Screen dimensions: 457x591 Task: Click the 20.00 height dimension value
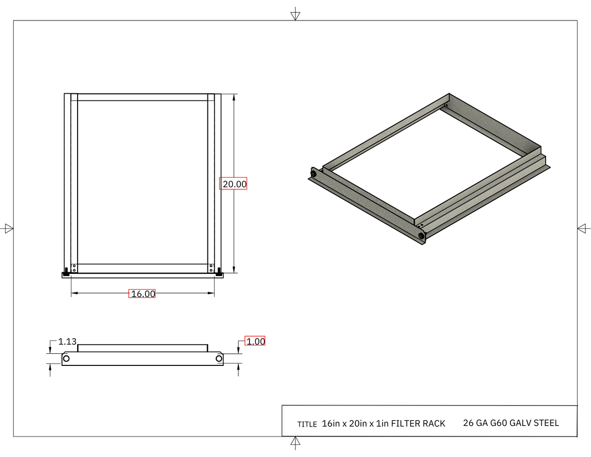(233, 184)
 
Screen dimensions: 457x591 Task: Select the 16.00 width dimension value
(142, 294)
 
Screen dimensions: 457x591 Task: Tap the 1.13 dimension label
(67, 342)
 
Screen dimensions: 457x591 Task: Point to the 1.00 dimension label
(256, 342)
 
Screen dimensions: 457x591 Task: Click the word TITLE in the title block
(307, 424)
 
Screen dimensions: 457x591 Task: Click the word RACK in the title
(434, 424)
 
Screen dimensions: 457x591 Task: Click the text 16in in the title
(331, 424)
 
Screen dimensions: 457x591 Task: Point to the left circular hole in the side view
(67, 359)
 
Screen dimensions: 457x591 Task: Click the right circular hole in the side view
(219, 359)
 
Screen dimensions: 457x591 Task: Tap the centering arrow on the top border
(295, 14)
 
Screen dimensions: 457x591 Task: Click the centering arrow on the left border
(8, 228)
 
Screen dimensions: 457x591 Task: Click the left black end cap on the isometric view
(314, 174)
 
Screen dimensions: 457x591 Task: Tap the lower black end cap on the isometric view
(422, 236)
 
